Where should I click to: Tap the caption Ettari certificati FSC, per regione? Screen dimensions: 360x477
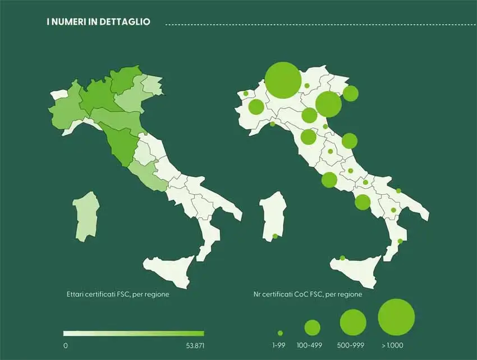(117, 294)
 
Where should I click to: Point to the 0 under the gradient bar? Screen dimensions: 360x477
(66, 345)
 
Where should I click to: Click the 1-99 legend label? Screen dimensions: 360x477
(280, 345)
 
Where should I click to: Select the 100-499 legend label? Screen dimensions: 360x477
(312, 345)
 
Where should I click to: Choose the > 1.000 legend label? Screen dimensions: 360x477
(396, 345)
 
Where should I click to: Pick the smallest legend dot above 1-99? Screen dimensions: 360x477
(280, 333)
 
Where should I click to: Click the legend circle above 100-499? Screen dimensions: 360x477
(312, 327)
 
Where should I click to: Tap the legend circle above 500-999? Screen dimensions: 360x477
(353, 322)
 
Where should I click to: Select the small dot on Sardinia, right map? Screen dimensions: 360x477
(275, 236)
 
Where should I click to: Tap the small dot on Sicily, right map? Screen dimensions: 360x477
(342, 258)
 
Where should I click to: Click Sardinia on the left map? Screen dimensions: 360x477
(86, 217)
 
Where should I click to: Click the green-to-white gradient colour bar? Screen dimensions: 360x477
(134, 333)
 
